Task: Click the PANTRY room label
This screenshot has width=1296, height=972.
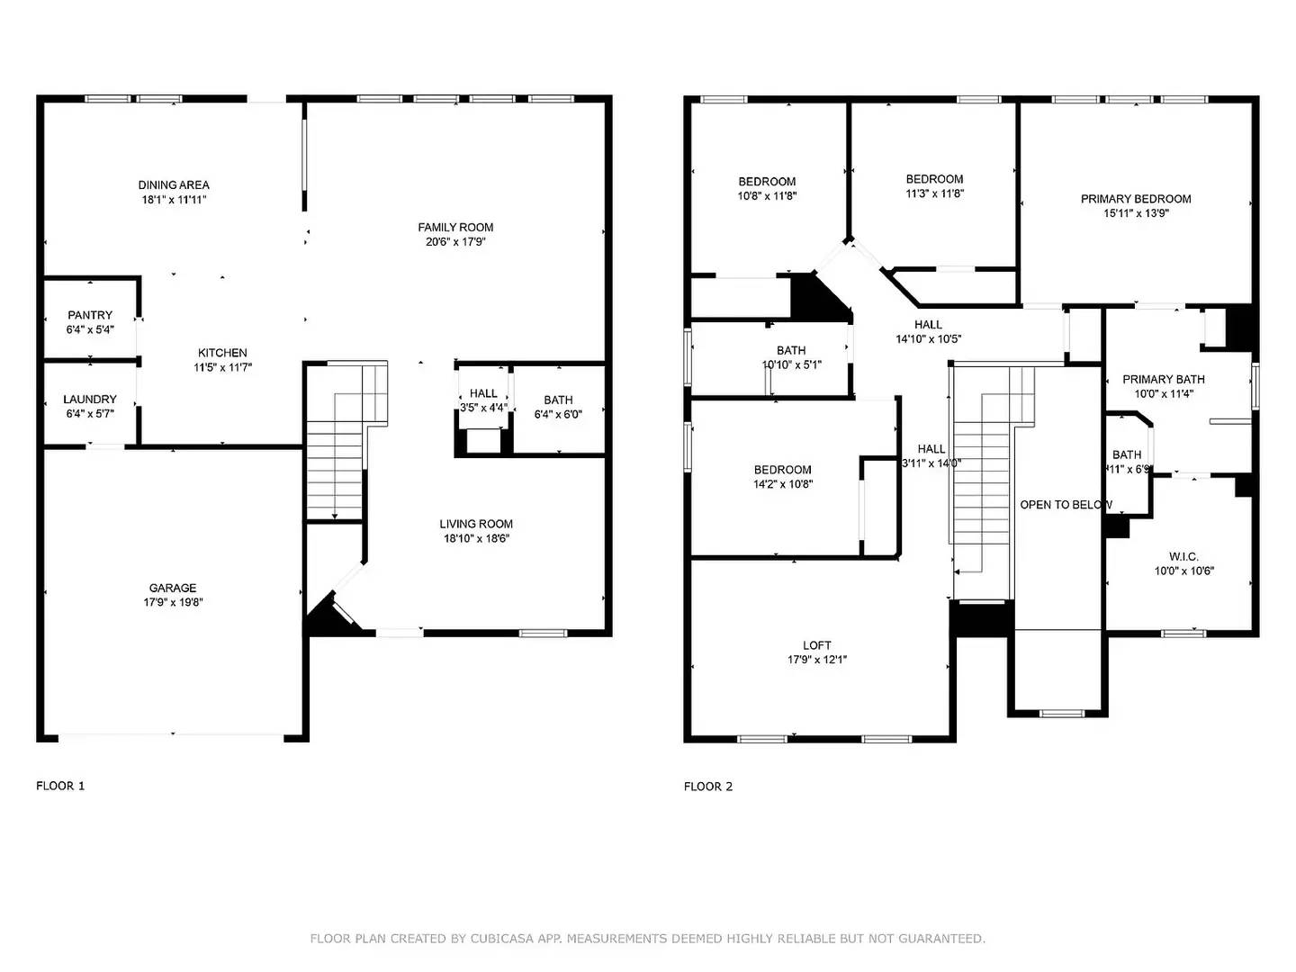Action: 90,315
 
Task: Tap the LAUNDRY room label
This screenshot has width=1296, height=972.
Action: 90,399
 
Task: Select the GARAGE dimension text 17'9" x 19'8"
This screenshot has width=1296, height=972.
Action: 173,602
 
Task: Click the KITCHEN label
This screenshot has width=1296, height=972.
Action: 222,353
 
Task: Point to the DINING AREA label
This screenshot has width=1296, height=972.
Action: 174,184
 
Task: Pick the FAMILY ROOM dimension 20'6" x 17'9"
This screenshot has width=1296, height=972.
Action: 455,241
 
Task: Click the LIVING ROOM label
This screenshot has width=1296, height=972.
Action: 476,524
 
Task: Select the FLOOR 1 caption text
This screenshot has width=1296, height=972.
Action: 60,786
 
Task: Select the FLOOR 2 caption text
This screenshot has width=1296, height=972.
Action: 708,786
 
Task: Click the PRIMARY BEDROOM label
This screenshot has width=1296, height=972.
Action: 1136,199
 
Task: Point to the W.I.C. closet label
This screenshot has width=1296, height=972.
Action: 1183,556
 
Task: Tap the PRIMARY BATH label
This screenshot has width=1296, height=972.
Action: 1163,379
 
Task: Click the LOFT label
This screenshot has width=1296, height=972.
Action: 817,645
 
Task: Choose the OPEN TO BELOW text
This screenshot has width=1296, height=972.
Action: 1066,505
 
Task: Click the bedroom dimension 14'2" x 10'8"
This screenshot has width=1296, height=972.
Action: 783,484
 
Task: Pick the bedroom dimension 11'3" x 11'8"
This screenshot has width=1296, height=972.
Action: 934,193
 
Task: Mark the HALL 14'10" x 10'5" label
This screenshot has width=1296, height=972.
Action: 928,325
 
